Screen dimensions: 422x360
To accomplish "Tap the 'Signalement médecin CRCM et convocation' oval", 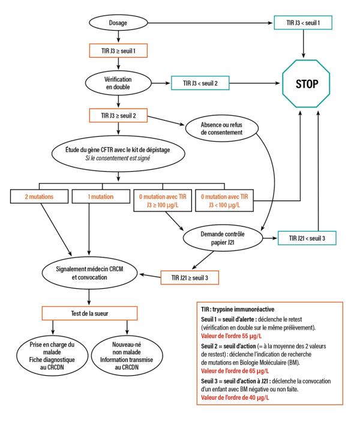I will [90, 267].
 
